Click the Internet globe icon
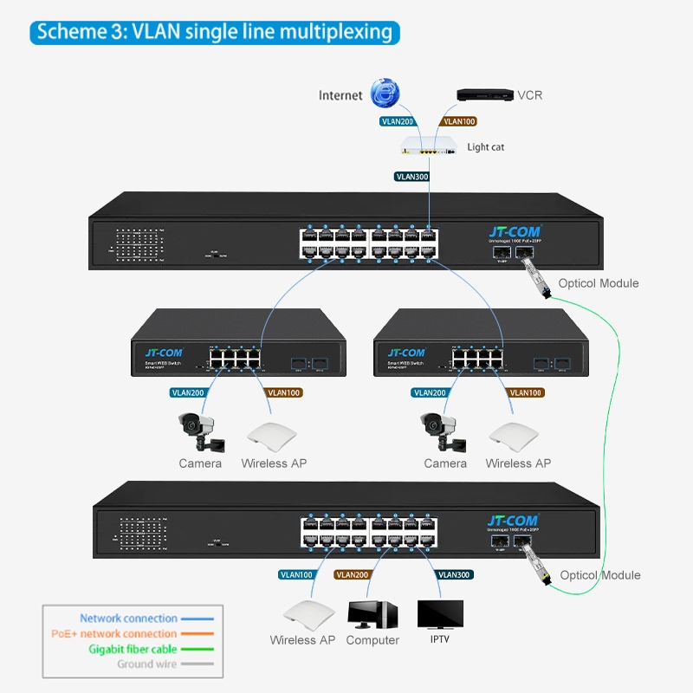(x=384, y=94)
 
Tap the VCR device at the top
(x=482, y=94)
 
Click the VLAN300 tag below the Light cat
(x=411, y=176)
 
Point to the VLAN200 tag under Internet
(x=398, y=122)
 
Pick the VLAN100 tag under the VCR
(x=459, y=122)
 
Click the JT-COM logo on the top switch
(x=515, y=232)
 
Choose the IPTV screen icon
(x=440, y=614)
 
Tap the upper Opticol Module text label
(x=599, y=283)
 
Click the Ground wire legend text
(x=147, y=664)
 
